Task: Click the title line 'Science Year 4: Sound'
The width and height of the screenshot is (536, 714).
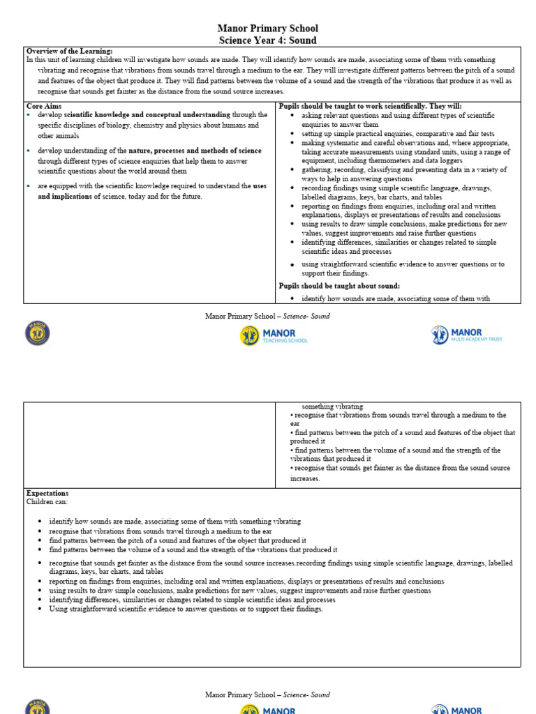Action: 268,40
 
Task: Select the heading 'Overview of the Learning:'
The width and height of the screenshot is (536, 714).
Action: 69,52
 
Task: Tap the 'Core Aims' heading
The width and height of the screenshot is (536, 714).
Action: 44,105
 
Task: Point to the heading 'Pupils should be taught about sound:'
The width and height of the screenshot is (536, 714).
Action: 339,286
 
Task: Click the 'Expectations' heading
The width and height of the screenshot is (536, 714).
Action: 47,493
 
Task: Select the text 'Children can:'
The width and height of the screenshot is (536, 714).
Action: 47,501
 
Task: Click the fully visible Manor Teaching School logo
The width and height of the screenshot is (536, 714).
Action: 274,335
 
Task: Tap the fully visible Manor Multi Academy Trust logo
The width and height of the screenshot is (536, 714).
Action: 466,335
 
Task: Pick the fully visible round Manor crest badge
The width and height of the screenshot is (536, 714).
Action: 38,333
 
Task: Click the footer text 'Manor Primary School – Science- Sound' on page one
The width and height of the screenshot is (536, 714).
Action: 268,316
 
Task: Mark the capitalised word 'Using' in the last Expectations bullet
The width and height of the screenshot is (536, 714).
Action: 59,609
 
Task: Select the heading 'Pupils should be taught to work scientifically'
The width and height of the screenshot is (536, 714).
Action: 360,105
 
